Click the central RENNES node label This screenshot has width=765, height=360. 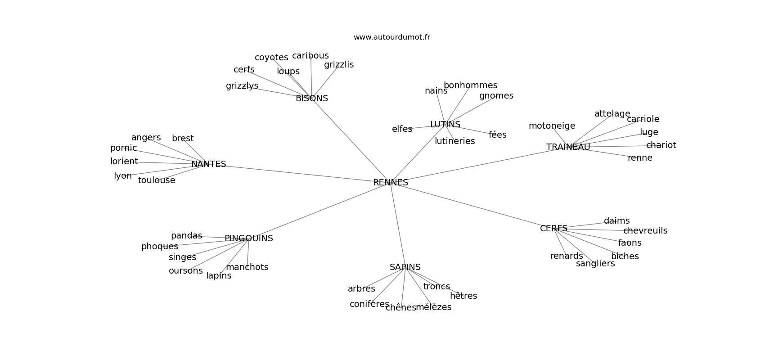point(390,183)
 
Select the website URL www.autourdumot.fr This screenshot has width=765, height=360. point(391,37)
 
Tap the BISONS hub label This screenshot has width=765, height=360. point(311,99)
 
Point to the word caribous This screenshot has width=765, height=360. point(310,56)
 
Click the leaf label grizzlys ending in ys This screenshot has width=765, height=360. point(242,86)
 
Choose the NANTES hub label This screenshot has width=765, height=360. point(208,164)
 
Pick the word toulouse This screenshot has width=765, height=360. point(156,180)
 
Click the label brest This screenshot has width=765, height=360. point(183,139)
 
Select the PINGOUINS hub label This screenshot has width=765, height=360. point(248,238)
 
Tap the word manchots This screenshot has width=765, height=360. point(247,267)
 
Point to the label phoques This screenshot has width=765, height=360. point(159,247)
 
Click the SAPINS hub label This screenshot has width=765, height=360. point(405,267)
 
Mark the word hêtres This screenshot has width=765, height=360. point(463,296)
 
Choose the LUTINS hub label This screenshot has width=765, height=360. point(445,125)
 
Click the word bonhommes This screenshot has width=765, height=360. point(470,85)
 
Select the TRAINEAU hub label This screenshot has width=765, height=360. point(568,147)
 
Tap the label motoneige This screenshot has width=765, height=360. point(552,126)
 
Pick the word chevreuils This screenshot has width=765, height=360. point(645,231)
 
